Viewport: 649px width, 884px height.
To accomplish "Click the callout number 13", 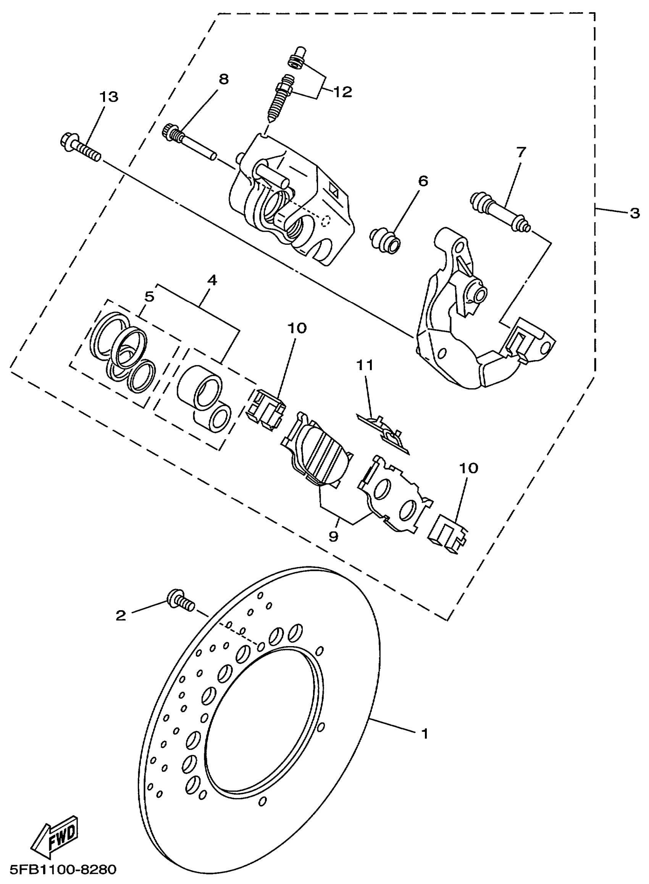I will [108, 97].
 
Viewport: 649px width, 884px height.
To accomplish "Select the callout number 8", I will [224, 79].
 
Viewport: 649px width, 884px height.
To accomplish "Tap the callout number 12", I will [342, 92].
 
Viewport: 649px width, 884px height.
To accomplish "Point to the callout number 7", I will [521, 152].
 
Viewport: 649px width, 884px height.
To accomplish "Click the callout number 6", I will [423, 181].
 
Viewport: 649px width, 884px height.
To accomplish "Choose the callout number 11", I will [365, 365].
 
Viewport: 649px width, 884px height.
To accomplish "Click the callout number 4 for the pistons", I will [212, 280].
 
